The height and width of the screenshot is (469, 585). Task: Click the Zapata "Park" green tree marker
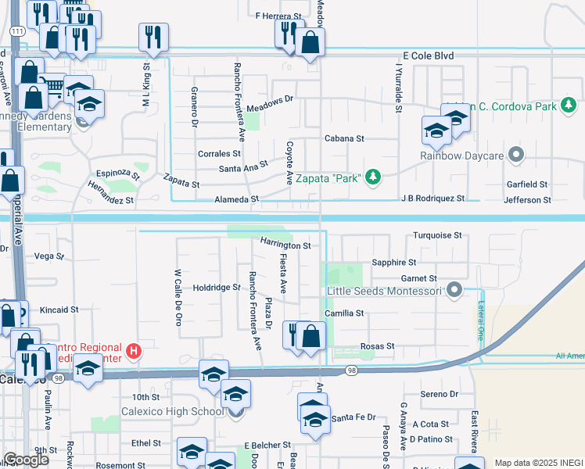pos(373,178)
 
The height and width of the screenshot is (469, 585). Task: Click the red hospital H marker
pos(134,352)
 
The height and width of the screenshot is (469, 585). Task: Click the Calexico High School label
pos(172,412)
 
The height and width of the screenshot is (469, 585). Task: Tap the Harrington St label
pos(285,245)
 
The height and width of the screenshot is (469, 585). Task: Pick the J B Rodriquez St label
pos(432,199)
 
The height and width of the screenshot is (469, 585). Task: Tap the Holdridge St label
pos(217,288)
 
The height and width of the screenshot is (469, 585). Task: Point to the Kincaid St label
pos(59,310)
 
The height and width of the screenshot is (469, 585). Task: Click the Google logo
pos(26,460)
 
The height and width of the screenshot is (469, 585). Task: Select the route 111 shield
pos(16,30)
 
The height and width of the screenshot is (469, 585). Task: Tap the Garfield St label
pos(526,184)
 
